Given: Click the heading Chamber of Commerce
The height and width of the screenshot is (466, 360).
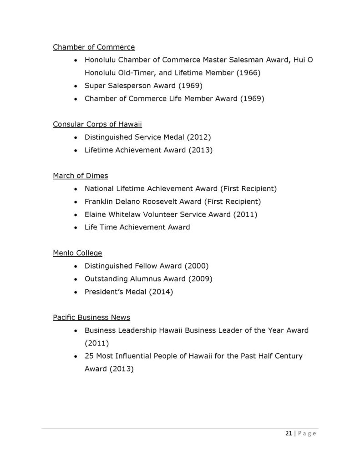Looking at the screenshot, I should [x=94, y=47].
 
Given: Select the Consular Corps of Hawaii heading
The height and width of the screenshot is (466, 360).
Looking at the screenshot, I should [x=94, y=124].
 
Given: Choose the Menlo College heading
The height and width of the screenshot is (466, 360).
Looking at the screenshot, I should [x=77, y=253].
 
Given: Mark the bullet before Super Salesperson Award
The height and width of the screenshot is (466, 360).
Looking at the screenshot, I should [x=75, y=86].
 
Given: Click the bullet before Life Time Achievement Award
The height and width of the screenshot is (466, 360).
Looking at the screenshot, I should [x=75, y=228].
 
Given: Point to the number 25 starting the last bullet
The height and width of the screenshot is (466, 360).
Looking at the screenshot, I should [x=89, y=356].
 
